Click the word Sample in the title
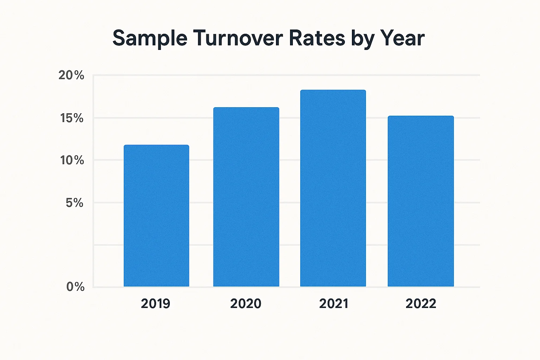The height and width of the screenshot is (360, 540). point(150,38)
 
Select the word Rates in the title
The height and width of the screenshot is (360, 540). point(317,38)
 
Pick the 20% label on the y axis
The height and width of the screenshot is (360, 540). point(71,75)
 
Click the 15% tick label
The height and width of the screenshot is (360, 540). point(72,118)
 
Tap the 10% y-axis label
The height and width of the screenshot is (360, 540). point(72,160)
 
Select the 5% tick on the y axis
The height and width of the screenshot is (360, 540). point(75,203)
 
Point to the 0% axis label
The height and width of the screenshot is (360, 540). point(75,287)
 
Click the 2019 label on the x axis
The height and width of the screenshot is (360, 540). point(155,303)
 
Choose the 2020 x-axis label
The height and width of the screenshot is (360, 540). point(246,303)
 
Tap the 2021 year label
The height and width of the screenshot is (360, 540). point(333,303)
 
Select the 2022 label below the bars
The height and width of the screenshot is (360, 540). point(421,303)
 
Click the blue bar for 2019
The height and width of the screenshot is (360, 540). point(156,216)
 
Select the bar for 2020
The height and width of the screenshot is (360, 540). point(246,197)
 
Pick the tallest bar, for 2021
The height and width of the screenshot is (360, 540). point(333,188)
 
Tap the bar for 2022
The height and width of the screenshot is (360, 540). point(421,201)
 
